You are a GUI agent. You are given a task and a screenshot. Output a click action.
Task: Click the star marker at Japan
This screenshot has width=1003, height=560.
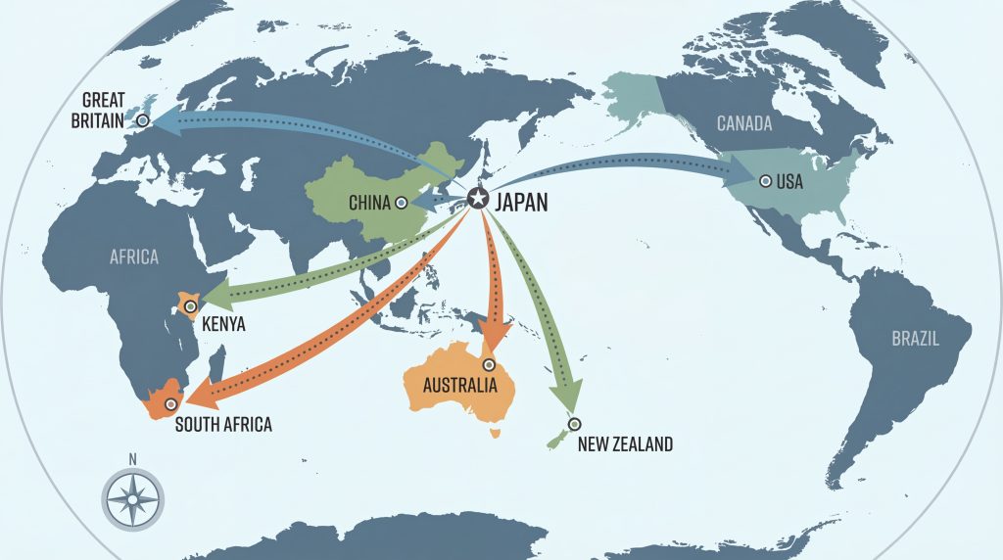point(477,199)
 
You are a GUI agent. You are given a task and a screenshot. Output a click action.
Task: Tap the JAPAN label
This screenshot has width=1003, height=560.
point(521,203)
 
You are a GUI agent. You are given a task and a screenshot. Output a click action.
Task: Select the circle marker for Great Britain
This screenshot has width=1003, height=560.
point(143,120)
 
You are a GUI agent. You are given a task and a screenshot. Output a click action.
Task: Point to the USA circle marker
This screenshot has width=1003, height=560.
point(764,180)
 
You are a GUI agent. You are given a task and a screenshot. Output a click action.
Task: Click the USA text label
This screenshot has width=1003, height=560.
point(789,182)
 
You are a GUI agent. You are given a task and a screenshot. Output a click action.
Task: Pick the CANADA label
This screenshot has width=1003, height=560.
point(744,123)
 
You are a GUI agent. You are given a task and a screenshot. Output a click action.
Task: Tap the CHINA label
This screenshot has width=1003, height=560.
point(369,204)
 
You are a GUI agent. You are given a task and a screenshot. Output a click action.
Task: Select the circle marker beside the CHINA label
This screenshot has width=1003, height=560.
point(401,203)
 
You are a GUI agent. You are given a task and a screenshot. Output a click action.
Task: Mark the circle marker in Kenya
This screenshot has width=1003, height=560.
point(189,306)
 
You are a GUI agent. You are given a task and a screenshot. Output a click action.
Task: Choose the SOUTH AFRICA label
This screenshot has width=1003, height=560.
point(223,425)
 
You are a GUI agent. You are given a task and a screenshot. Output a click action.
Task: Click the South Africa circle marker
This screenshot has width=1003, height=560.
point(171,403)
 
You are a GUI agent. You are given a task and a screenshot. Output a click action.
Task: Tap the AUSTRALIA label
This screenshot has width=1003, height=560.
point(459,385)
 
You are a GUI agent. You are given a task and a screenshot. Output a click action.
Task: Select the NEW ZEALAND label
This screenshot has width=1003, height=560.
point(625,444)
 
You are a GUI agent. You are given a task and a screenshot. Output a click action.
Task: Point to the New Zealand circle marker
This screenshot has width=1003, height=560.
point(574,424)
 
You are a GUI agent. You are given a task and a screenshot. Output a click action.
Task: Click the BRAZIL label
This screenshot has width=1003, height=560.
point(915,340)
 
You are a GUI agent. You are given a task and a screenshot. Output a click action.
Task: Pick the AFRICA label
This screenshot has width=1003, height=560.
point(134,257)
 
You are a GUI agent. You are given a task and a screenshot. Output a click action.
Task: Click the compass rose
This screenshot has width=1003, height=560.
point(133,499)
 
